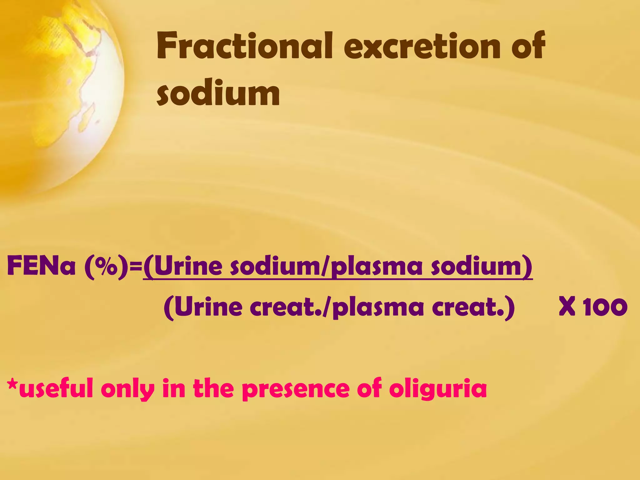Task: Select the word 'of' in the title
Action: point(528,46)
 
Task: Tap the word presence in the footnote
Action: point(296,389)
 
